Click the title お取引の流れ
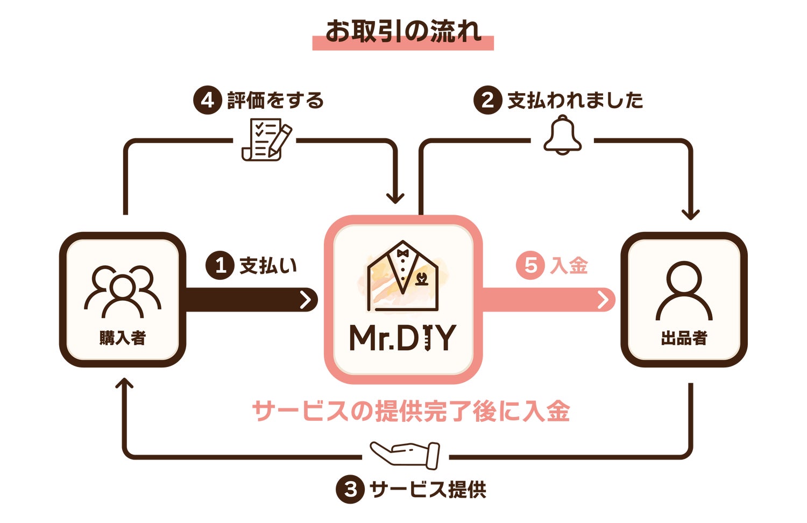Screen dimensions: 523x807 click(x=403, y=31)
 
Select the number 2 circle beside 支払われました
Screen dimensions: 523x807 click(x=487, y=100)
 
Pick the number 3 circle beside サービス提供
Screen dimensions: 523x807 click(x=350, y=490)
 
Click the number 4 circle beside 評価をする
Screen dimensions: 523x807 click(x=208, y=100)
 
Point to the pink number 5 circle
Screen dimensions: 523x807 click(x=530, y=265)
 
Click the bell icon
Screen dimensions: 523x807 click(x=562, y=136)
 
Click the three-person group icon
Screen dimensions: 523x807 click(x=123, y=291)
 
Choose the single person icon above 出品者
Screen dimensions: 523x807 click(x=684, y=291)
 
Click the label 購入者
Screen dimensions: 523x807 click(x=123, y=338)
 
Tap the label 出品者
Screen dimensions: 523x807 click(x=684, y=338)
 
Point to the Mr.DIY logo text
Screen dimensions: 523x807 click(x=402, y=338)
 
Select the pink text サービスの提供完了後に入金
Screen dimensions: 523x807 click(x=411, y=412)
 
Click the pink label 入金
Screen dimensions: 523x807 click(x=569, y=265)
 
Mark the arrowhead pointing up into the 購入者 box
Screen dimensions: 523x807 click(x=125, y=383)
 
